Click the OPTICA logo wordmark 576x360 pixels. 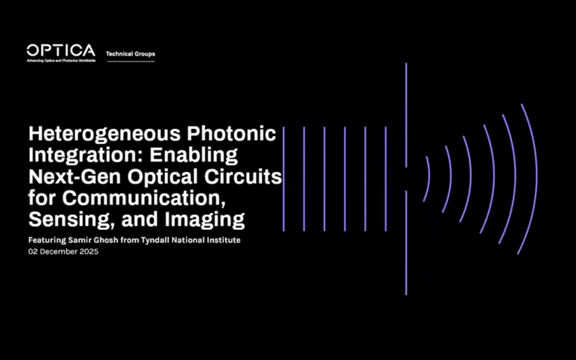(60, 50)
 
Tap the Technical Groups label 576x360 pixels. (130, 53)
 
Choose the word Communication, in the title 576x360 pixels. (141, 198)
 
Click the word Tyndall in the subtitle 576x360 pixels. (155, 240)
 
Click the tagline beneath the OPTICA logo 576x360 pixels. (60, 60)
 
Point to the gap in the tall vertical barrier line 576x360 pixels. (406, 179)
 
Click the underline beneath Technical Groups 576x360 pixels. (130, 61)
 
